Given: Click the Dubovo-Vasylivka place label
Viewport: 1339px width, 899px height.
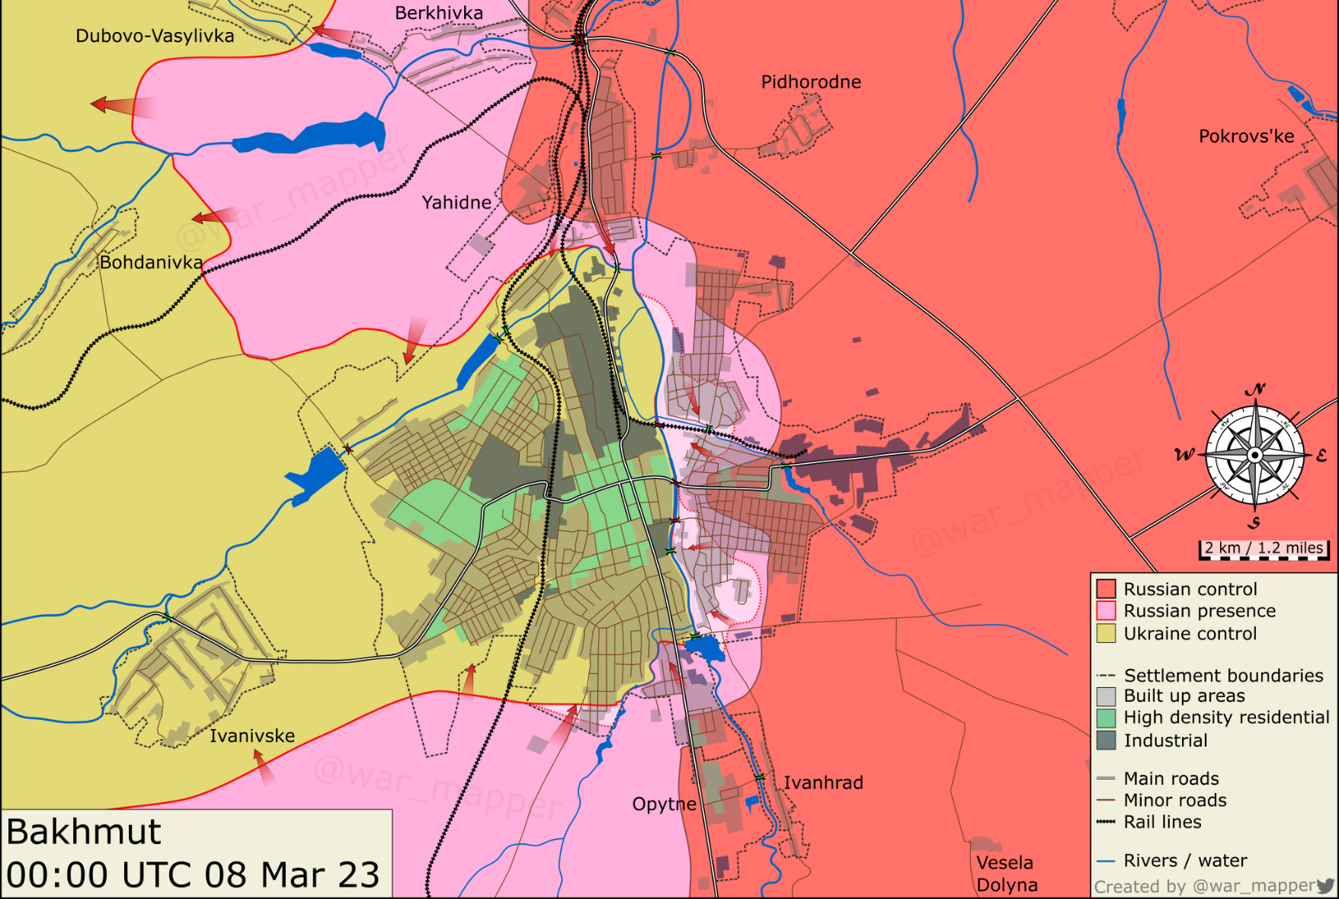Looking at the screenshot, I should point(155,36).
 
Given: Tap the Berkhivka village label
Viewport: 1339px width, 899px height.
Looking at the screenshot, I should point(439,13).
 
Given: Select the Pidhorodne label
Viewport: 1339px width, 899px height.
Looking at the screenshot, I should point(811,82).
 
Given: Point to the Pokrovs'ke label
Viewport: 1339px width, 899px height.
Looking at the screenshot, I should point(1246,136).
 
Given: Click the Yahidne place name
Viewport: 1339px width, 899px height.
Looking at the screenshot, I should point(456,202).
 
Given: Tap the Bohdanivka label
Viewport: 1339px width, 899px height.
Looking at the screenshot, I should point(151,262).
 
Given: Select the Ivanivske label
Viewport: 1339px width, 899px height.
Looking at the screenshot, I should point(251,735).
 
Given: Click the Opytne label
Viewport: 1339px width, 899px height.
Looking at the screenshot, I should point(664,804).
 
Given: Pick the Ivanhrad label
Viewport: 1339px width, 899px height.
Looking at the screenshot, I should point(823,782).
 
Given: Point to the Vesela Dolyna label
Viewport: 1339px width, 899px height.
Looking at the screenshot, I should point(1006,873).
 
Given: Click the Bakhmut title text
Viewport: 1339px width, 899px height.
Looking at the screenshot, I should point(84,832).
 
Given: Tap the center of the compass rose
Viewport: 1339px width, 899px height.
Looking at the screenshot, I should point(1254,455).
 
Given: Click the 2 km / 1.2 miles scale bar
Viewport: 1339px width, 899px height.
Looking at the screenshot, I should point(1264,549).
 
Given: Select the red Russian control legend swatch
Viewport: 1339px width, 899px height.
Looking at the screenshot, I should point(1106,589).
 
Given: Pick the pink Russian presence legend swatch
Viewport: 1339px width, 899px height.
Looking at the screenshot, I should point(1106,611).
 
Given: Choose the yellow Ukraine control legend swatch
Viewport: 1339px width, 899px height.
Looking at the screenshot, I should point(1106,633).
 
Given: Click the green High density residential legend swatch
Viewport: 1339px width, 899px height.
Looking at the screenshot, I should point(1106,718).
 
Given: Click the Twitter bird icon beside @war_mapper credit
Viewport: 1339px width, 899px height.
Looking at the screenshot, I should point(1325,885).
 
